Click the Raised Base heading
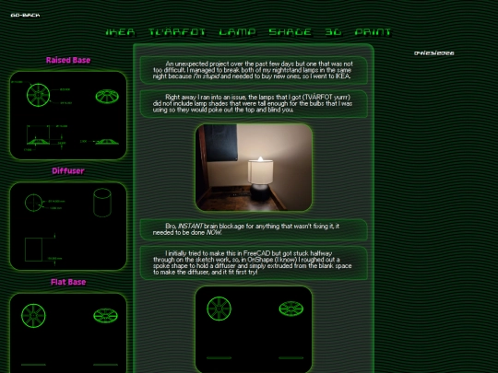click(x=68, y=61)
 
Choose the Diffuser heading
click(x=68, y=170)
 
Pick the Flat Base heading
click(x=68, y=282)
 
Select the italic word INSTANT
click(x=193, y=226)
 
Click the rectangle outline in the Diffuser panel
click(x=39, y=249)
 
